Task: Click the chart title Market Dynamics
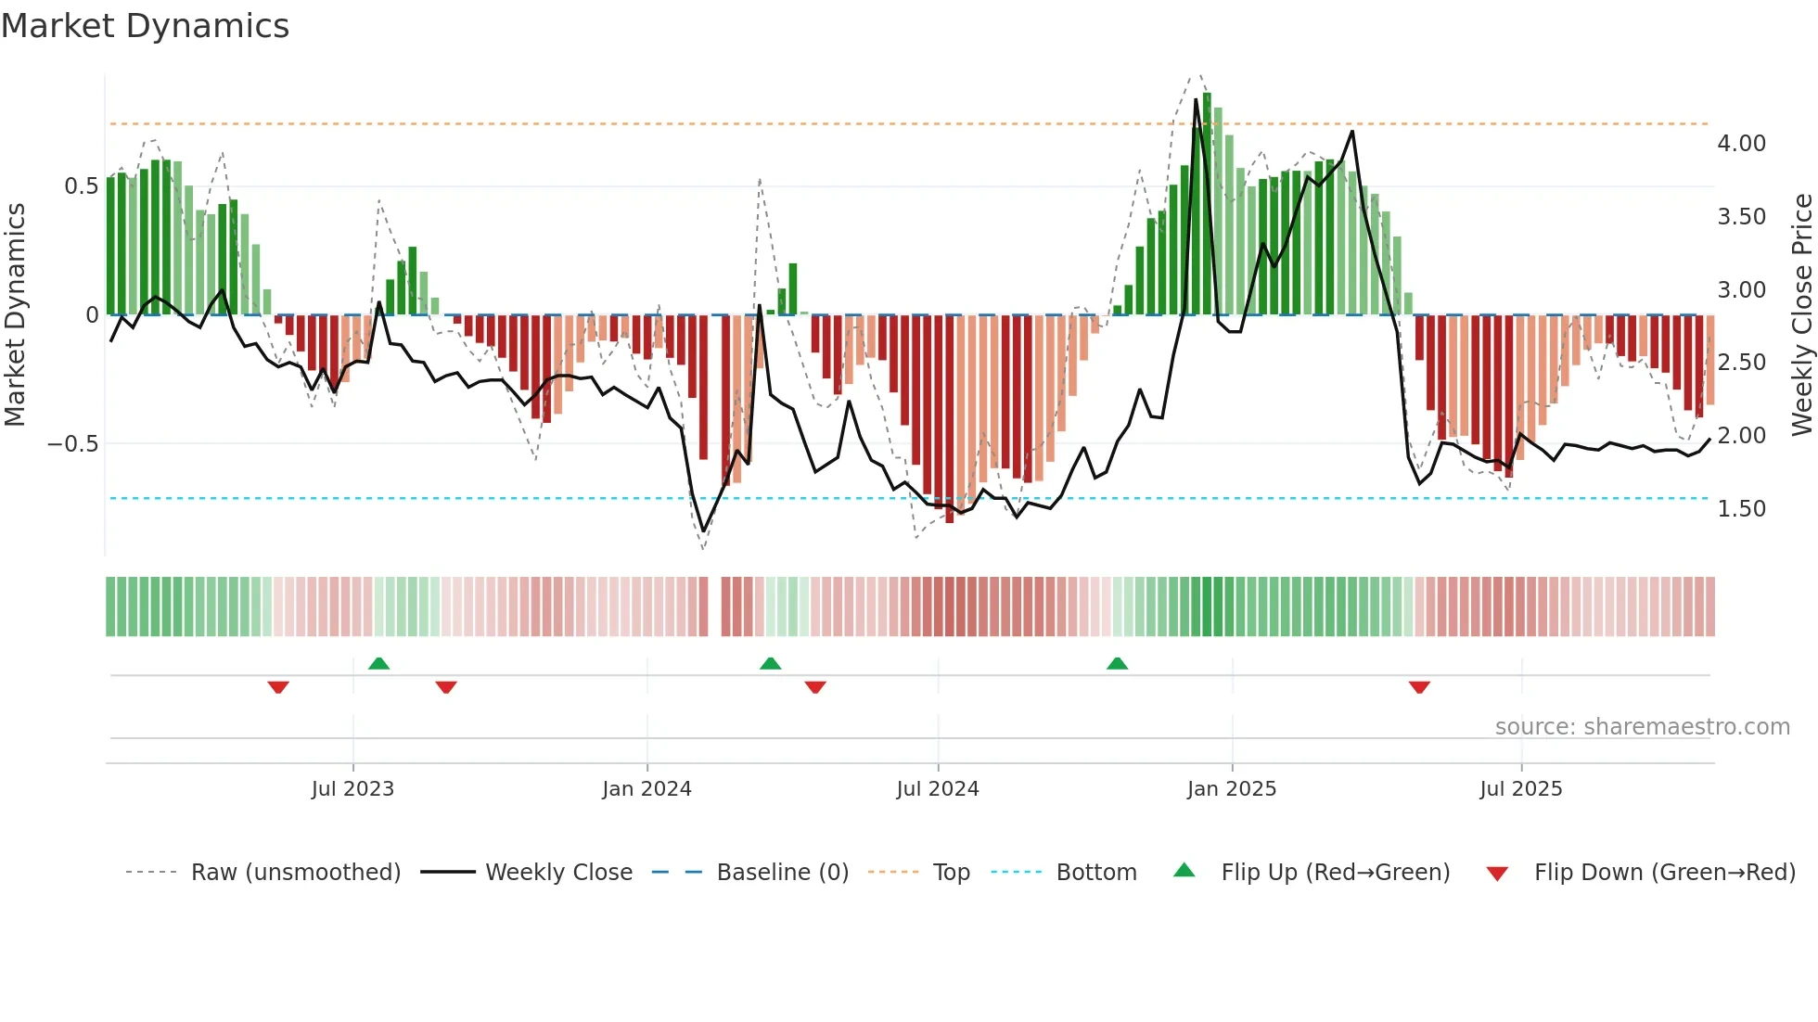click(146, 26)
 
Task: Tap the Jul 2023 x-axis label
click(352, 789)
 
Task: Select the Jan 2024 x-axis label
click(647, 789)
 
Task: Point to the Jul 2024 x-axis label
click(937, 789)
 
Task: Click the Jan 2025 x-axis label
click(1231, 789)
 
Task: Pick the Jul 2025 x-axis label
click(1520, 789)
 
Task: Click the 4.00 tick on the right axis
click(1741, 144)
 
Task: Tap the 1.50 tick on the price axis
click(1741, 509)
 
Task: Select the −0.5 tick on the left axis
click(73, 444)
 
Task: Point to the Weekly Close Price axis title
click(1801, 314)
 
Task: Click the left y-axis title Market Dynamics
click(15, 314)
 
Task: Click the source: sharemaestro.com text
click(1642, 727)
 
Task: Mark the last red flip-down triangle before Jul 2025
click(1418, 687)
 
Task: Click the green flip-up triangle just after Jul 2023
click(378, 663)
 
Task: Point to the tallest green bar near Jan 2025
click(1207, 204)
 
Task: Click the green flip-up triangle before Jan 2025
click(1117, 663)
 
